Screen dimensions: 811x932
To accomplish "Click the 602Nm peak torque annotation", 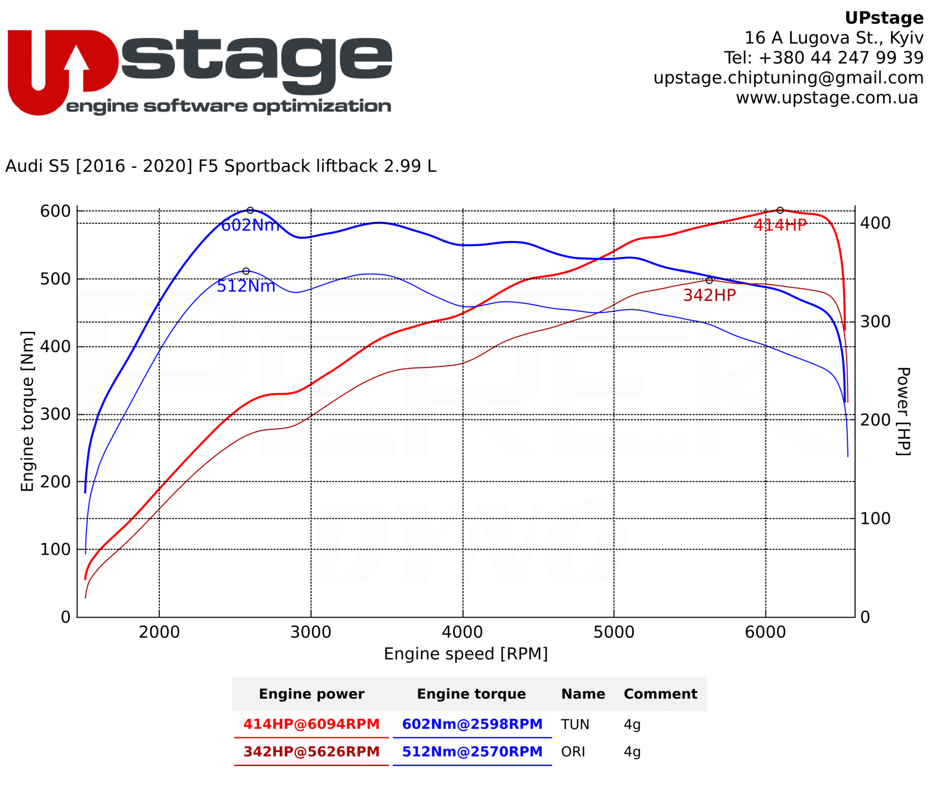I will click(x=250, y=225).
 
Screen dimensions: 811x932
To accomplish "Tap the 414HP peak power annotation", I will click(x=780, y=225).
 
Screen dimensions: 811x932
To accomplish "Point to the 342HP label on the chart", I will click(x=709, y=295).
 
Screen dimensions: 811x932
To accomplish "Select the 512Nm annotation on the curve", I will click(x=246, y=286).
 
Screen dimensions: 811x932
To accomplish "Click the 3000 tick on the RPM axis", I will click(x=311, y=632).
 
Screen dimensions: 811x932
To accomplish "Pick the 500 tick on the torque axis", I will click(x=55, y=279).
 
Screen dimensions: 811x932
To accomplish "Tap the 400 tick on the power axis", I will click(x=875, y=223).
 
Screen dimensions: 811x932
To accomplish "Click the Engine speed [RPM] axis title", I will click(x=466, y=654).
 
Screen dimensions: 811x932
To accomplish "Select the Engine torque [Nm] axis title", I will click(x=28, y=411).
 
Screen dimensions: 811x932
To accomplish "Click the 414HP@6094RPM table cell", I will click(x=311, y=724).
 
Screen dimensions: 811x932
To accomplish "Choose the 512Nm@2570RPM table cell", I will click(x=472, y=752).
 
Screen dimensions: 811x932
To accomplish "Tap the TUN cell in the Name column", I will click(x=575, y=725).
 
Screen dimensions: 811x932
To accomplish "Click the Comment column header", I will click(x=660, y=694).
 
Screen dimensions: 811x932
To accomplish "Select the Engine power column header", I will click(x=311, y=694).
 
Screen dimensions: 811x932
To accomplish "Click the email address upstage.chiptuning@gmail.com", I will click(x=788, y=78).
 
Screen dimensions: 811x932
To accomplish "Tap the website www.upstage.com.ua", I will click(x=827, y=98).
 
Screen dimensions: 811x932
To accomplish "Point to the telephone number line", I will click(x=824, y=58).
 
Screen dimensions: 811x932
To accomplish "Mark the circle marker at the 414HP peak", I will click(x=780, y=210).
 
